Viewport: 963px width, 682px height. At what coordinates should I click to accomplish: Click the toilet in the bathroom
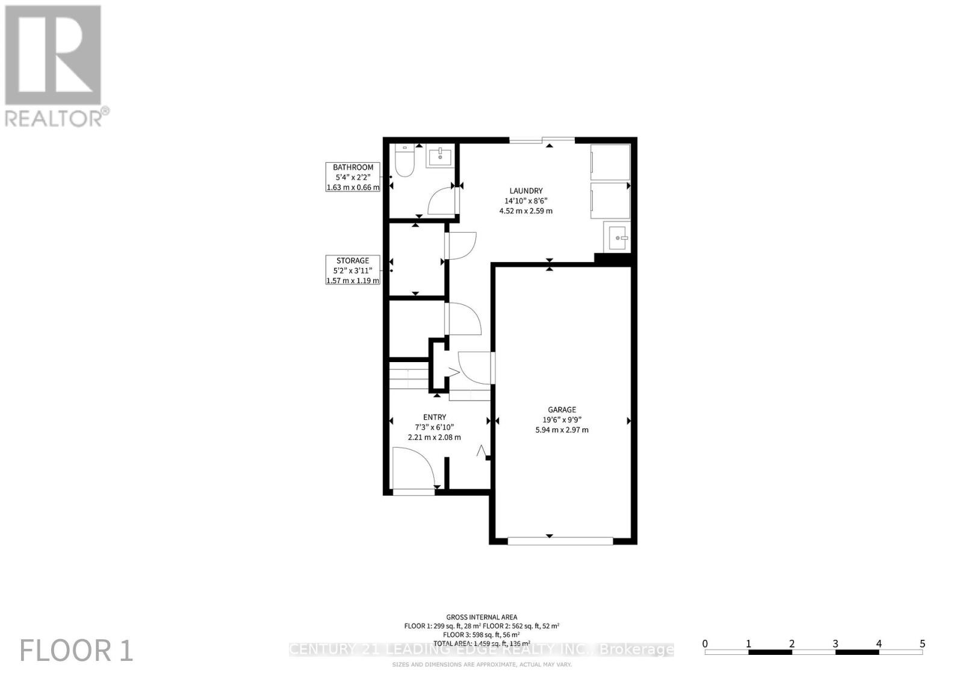tap(404, 162)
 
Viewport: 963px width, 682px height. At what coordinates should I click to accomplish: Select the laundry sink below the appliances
tap(617, 237)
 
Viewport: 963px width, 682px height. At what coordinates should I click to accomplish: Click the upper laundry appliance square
tap(610, 161)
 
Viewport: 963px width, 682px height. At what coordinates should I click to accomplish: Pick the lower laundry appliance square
tap(610, 199)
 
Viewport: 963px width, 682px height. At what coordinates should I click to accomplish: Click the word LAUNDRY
tap(525, 191)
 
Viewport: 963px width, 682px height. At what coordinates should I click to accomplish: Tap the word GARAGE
tap(562, 410)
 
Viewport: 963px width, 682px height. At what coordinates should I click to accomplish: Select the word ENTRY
tap(435, 417)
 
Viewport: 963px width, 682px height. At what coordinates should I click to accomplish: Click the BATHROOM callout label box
tap(353, 177)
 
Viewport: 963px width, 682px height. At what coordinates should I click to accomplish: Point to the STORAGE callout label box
tap(353, 271)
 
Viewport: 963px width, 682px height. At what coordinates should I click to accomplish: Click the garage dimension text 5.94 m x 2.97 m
tap(562, 430)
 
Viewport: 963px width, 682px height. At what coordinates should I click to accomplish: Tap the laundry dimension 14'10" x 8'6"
tap(525, 201)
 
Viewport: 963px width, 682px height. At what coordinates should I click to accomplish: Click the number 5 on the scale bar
tap(922, 644)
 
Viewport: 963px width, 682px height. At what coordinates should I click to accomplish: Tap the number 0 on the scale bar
tap(705, 644)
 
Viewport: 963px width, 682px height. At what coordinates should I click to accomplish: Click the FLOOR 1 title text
tap(76, 651)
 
